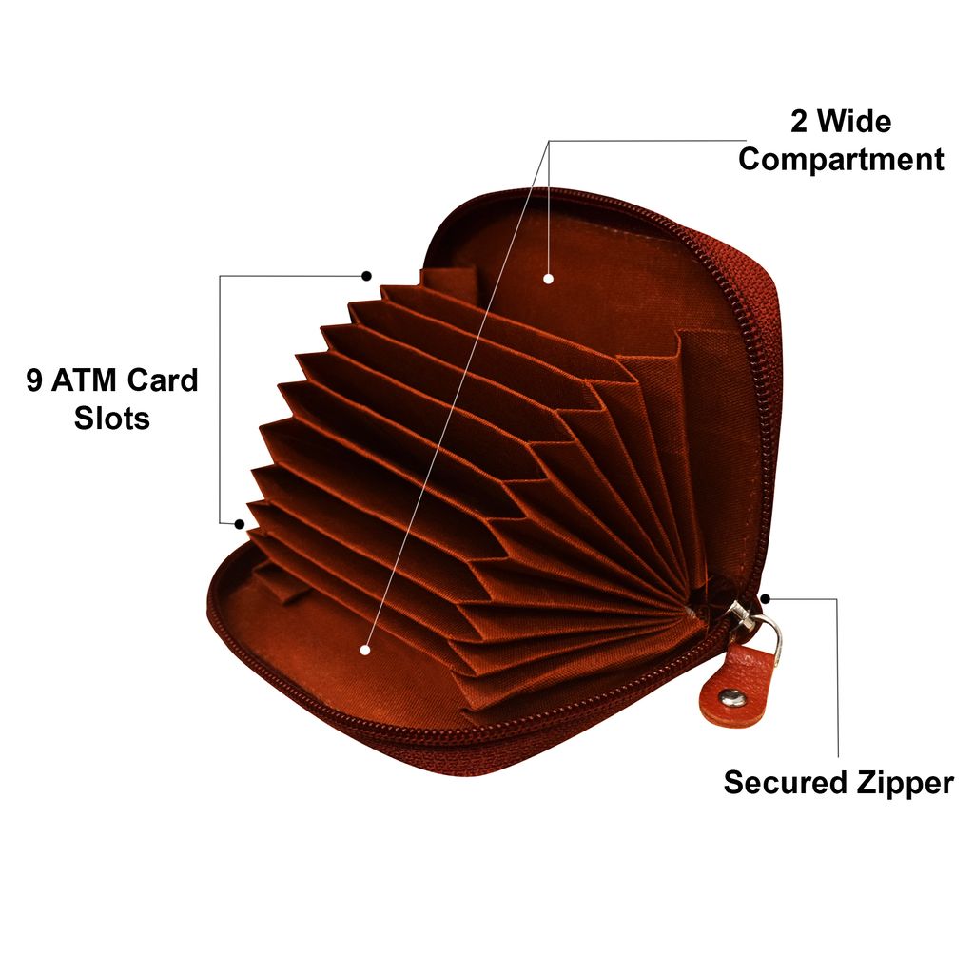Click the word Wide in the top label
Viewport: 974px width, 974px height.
pyautogui.click(x=854, y=121)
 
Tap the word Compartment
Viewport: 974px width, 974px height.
pyautogui.click(x=841, y=160)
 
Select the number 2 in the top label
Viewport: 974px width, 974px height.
pyautogui.click(x=799, y=121)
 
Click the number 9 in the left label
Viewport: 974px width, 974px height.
pyautogui.click(x=34, y=380)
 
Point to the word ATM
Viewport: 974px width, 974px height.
pyautogui.click(x=85, y=380)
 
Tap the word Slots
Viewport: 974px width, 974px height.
pyautogui.click(x=112, y=418)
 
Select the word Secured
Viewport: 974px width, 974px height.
pyautogui.click(x=785, y=783)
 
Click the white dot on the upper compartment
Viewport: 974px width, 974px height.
pyautogui.click(x=548, y=279)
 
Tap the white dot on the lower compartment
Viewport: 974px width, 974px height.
pyautogui.click(x=365, y=650)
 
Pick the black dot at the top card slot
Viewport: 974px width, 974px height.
pyautogui.click(x=367, y=276)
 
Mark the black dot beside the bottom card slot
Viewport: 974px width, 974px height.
pyautogui.click(x=239, y=524)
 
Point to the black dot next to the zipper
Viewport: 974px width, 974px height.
pyautogui.click(x=766, y=599)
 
